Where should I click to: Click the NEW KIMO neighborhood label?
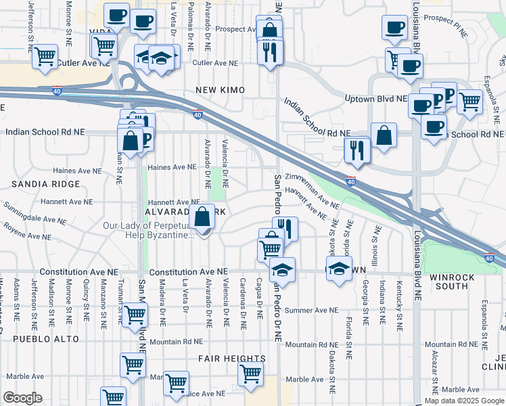coord(220,90)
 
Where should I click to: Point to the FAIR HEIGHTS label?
coord(231,358)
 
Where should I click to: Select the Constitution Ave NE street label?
coord(84,271)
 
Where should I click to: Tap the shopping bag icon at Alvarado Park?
coord(202,218)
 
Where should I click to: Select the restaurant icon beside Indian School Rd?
coord(356,150)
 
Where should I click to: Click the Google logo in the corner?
coord(22,398)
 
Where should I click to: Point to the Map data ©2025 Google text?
coord(463,401)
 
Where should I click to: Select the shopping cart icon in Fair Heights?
coord(250,371)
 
